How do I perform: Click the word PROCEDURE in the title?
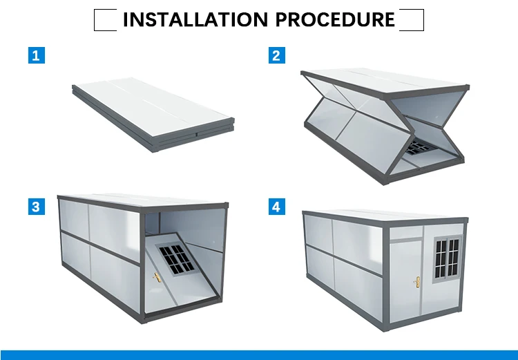pos(335,19)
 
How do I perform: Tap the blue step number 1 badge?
pos(37,55)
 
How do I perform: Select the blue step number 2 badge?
pos(276,55)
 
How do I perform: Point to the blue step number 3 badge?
pos(37,207)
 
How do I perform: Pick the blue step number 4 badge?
pos(276,207)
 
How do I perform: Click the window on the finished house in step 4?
pos(448,259)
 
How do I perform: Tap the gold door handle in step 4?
pos(417,282)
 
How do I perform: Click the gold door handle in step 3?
pos(157,277)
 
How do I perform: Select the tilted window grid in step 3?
pos(176,260)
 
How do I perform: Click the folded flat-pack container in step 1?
pos(153,115)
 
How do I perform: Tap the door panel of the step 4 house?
pos(405,281)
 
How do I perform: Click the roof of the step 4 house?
pos(385,215)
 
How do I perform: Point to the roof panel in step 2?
pos(385,80)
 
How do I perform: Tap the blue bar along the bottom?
pos(259,355)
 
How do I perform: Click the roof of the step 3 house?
pos(143,200)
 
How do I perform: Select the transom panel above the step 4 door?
pos(405,232)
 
